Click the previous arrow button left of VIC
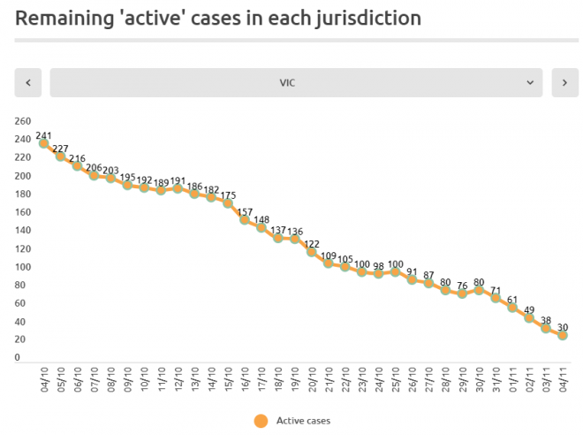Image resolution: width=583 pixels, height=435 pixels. [28, 82]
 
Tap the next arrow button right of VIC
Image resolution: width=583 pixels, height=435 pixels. [564, 82]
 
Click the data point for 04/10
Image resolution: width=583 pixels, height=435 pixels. [42, 143]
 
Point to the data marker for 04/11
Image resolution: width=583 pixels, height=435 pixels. [563, 335]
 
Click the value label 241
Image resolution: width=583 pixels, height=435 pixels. [43, 135]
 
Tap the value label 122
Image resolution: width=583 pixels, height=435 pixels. [312, 244]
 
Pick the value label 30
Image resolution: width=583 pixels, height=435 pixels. [563, 327]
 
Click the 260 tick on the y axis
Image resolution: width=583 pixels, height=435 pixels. [23, 121]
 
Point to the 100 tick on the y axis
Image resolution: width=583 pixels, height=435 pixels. [23, 267]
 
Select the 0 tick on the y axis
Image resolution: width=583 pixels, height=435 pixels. [18, 358]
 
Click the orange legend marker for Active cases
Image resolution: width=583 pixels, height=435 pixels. [260, 421]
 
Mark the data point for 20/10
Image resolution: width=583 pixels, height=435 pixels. [312, 252]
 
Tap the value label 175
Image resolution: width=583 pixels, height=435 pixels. [228, 195]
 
